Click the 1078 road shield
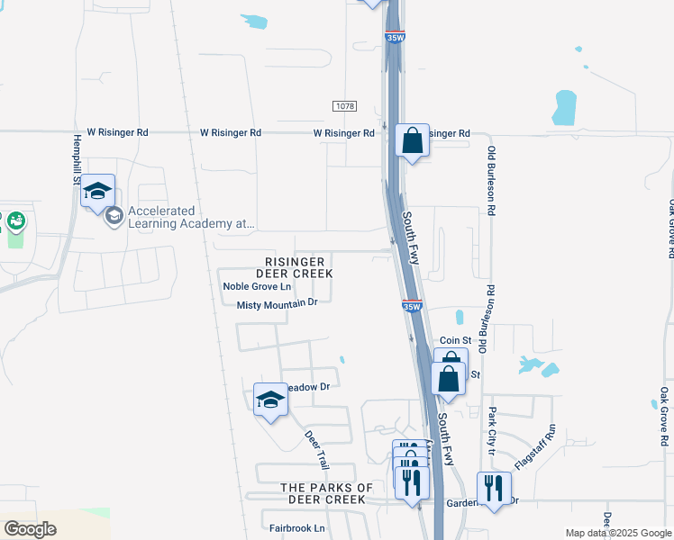tap(344, 106)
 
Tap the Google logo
tap(30, 528)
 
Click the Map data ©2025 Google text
tap(617, 533)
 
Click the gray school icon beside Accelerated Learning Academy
tap(114, 216)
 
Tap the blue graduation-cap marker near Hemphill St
tap(97, 192)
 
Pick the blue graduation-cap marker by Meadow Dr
tap(269, 400)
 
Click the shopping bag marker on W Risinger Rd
tap(412, 142)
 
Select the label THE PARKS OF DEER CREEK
tap(327, 493)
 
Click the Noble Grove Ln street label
tap(258, 287)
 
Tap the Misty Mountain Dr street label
tap(278, 304)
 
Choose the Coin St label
tap(456, 340)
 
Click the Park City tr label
tap(492, 429)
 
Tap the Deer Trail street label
tap(316, 450)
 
